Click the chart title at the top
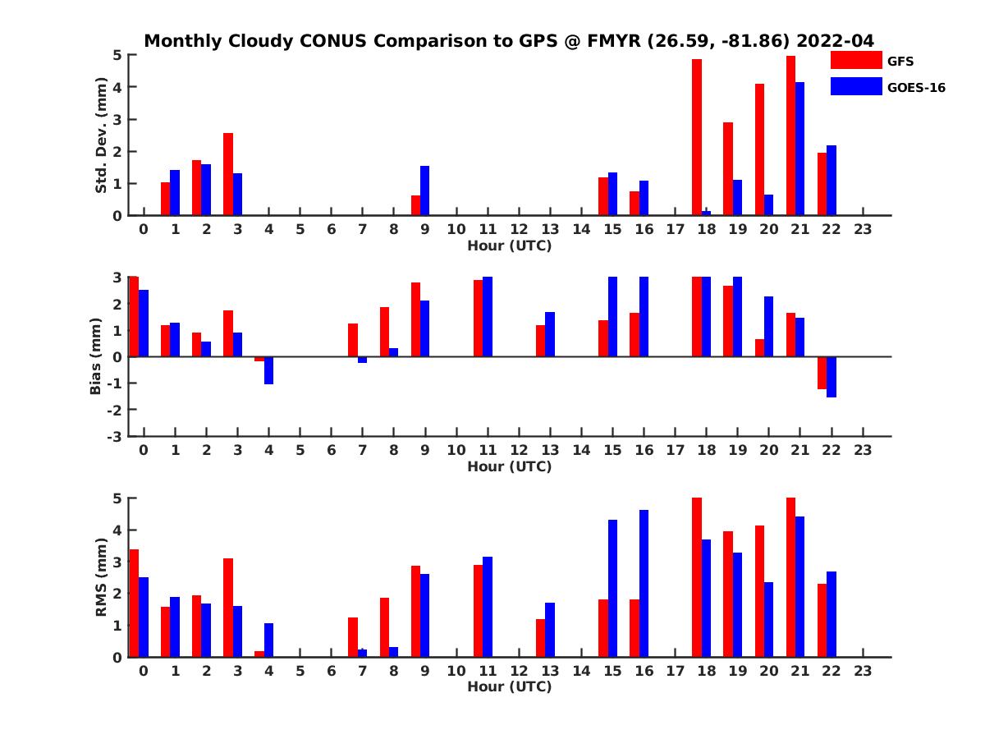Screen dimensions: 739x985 click(x=509, y=40)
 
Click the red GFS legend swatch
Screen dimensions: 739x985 click(x=855, y=60)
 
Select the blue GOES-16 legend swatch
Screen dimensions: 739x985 click(x=855, y=86)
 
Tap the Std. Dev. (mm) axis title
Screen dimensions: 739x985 click(x=101, y=135)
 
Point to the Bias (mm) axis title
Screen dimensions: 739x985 click(x=96, y=356)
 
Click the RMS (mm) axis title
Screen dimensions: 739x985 click(x=101, y=577)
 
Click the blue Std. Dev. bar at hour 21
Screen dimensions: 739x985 click(x=799, y=149)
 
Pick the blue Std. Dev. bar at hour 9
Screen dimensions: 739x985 click(x=424, y=190)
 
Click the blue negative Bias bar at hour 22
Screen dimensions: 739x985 click(x=831, y=377)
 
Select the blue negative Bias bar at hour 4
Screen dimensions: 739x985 click(x=268, y=370)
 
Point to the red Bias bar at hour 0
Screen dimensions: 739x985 click(x=134, y=317)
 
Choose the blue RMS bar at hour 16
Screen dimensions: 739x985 click(x=644, y=583)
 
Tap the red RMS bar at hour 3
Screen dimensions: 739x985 click(x=228, y=608)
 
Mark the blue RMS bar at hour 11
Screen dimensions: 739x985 click(x=487, y=607)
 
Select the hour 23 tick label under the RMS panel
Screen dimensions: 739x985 click(x=862, y=671)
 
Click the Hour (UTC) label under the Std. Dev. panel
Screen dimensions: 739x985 click(x=509, y=246)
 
